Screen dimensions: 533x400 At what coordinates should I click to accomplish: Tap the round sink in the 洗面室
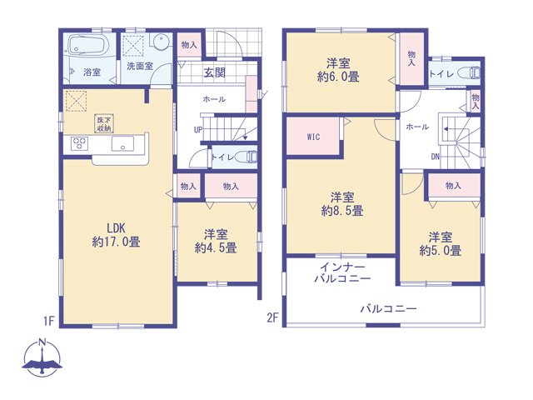tap(160, 42)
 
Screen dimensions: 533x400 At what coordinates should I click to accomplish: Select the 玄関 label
tap(215, 72)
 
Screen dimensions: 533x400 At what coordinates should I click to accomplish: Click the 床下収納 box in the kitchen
tap(103, 124)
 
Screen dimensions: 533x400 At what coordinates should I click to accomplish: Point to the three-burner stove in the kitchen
tap(80, 142)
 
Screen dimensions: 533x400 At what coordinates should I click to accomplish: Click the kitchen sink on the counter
tap(122, 143)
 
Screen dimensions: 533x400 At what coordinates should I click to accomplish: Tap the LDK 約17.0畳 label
tap(117, 235)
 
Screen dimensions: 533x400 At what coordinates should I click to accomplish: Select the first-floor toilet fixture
tap(247, 157)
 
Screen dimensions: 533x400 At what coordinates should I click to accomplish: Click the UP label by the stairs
tap(198, 130)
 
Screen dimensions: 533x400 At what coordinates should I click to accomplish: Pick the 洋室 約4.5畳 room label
tap(216, 241)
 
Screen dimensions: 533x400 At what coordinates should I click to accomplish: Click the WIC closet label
tap(313, 137)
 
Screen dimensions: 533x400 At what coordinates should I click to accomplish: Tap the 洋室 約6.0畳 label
tap(338, 70)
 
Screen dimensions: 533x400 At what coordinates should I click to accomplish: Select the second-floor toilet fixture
tap(470, 73)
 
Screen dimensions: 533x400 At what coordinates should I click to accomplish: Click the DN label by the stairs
tap(436, 157)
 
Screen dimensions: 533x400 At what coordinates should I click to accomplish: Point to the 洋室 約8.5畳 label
tap(342, 204)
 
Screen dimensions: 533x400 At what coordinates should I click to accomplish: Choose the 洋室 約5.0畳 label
tap(441, 244)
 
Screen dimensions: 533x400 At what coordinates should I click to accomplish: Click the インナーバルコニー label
tap(342, 272)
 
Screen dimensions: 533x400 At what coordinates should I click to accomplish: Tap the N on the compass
tap(42, 342)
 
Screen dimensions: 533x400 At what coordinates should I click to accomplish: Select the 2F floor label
tap(272, 318)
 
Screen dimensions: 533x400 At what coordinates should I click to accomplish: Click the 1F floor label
tap(48, 321)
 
